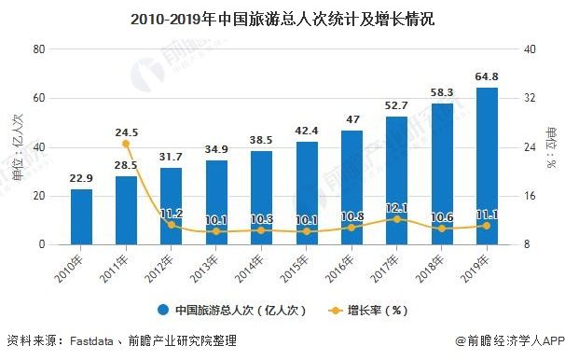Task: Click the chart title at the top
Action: point(282,18)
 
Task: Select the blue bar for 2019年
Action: point(487,166)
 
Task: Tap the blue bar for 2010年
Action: point(82,216)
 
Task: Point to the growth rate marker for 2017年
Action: point(397,219)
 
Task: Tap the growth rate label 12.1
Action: point(397,208)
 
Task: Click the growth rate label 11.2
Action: point(172,214)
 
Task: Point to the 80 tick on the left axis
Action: point(40,49)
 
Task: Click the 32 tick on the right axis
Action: point(528,98)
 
